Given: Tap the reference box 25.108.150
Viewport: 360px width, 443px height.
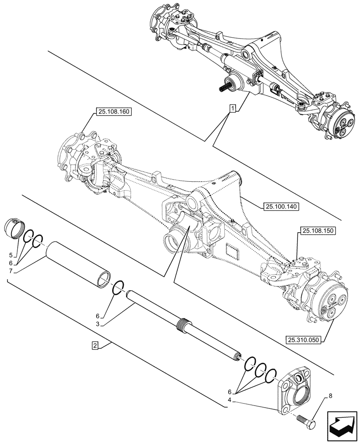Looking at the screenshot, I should click(318, 231).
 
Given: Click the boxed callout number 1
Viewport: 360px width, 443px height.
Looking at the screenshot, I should click(232, 108).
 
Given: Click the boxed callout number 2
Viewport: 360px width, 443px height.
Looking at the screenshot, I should click(95, 345).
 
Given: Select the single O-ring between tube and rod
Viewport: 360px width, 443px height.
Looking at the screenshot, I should click(117, 287).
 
